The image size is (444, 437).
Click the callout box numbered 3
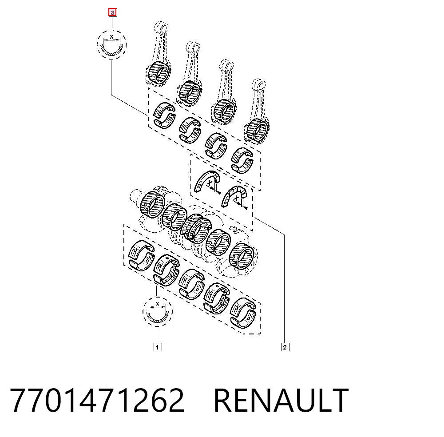(113, 13)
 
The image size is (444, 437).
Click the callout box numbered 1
(158, 347)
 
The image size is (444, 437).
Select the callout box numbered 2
(285, 347)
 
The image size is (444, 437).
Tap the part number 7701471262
(97, 400)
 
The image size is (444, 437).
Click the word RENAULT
(281, 400)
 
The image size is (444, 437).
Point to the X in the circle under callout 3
(111, 37)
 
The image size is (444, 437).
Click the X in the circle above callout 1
(158, 304)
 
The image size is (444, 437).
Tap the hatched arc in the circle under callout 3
(112, 53)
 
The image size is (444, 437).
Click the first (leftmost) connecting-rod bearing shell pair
(164, 115)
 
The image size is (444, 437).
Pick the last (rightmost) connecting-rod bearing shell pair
(242, 160)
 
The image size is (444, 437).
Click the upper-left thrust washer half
(207, 181)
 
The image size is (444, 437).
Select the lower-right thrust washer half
(234, 196)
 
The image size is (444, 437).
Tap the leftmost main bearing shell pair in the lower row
(141, 255)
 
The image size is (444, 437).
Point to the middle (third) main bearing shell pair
(191, 284)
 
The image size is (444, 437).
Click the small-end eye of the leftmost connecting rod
(162, 28)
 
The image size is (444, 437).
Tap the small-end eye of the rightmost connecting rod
(258, 85)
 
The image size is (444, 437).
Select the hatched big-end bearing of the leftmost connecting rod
(159, 72)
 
